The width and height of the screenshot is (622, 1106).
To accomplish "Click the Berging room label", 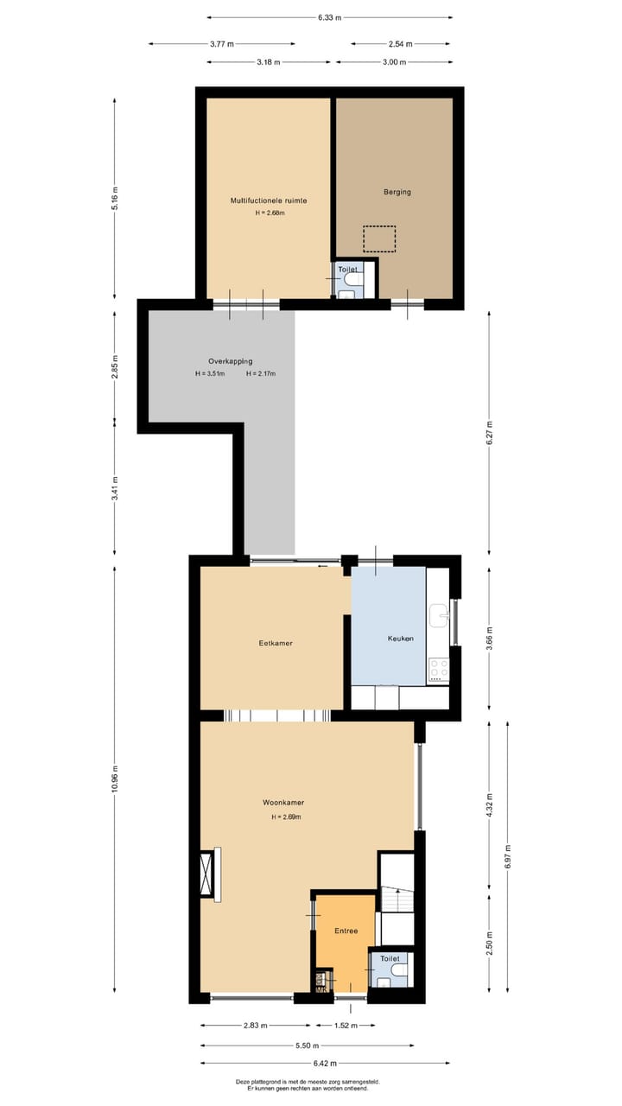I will tap(397, 192).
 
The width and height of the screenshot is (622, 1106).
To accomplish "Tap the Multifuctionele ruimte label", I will tap(269, 200).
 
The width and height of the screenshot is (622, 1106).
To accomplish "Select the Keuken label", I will tap(400, 639).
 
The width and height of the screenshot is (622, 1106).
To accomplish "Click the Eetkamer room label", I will tap(275, 643).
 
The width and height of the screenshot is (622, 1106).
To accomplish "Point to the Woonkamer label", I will tap(283, 803).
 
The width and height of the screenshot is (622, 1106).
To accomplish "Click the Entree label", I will tap(346, 931).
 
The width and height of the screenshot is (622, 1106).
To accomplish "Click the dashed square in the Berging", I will tap(379, 238).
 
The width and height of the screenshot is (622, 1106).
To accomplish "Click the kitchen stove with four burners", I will tap(439, 668).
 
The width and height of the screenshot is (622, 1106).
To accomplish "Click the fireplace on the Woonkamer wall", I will tap(207, 874).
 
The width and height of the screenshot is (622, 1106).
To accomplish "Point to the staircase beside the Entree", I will tap(397, 899).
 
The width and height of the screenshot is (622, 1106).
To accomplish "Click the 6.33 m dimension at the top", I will tap(329, 17).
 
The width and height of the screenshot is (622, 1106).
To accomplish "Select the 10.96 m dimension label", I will tap(115, 778).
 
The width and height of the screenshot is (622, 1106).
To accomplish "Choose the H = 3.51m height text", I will tap(210, 374).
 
